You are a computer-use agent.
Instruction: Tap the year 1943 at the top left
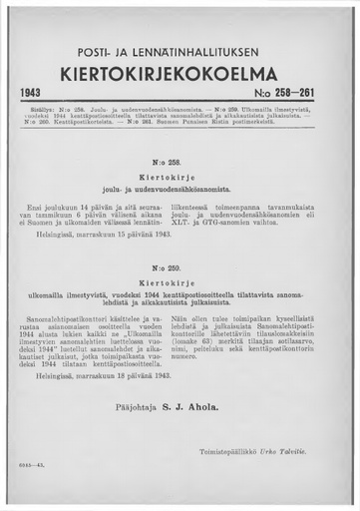(38, 96)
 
